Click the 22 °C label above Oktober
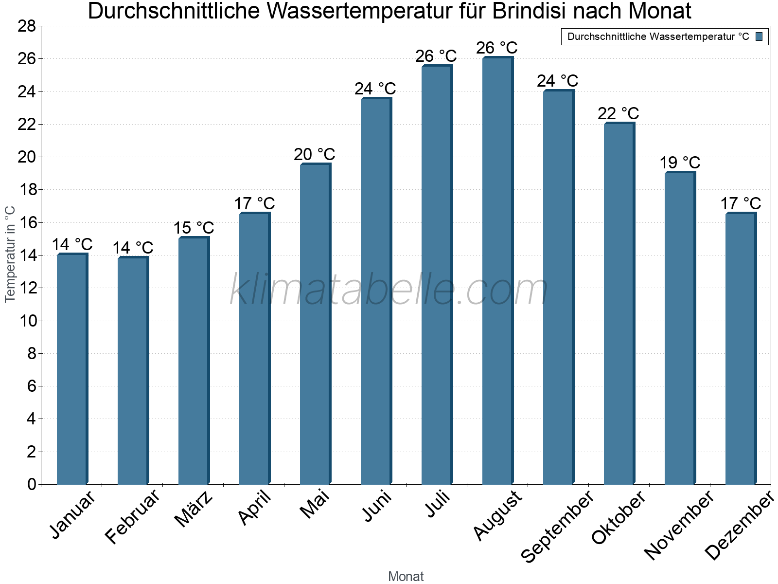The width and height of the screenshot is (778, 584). coord(618,113)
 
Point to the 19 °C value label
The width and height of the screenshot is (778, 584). coord(679,163)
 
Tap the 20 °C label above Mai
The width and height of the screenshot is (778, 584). coord(314,154)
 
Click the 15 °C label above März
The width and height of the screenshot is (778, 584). coord(194,228)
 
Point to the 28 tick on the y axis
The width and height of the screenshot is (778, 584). coord(27,26)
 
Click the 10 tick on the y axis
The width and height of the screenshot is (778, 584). coord(27,321)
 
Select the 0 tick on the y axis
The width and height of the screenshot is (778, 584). coord(32,484)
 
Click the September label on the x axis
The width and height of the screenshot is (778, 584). coord(557,526)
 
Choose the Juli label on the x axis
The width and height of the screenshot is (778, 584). coord(438,504)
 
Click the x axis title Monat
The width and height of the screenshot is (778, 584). coord(406,577)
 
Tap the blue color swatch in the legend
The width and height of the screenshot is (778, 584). coord(759,36)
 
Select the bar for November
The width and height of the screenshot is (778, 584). coord(680,328)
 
